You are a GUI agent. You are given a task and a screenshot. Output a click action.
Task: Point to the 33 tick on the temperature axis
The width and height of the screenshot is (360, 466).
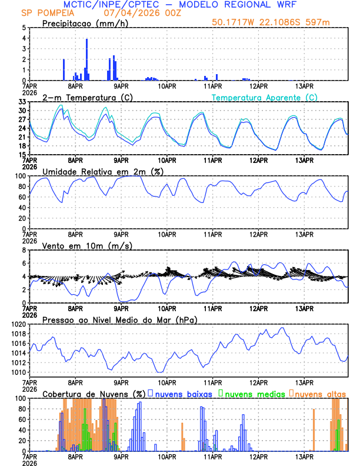[x=22, y=102]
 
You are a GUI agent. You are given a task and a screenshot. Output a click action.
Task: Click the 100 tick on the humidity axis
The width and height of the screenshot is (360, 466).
[x=20, y=176]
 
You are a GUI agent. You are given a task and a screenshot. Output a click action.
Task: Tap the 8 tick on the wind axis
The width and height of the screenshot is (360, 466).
[x=24, y=250]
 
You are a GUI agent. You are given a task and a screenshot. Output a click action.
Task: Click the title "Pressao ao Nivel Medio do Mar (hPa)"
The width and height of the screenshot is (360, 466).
[x=120, y=319]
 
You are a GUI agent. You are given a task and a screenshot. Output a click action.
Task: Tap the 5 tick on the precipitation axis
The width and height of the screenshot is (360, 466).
[x=24, y=28]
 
